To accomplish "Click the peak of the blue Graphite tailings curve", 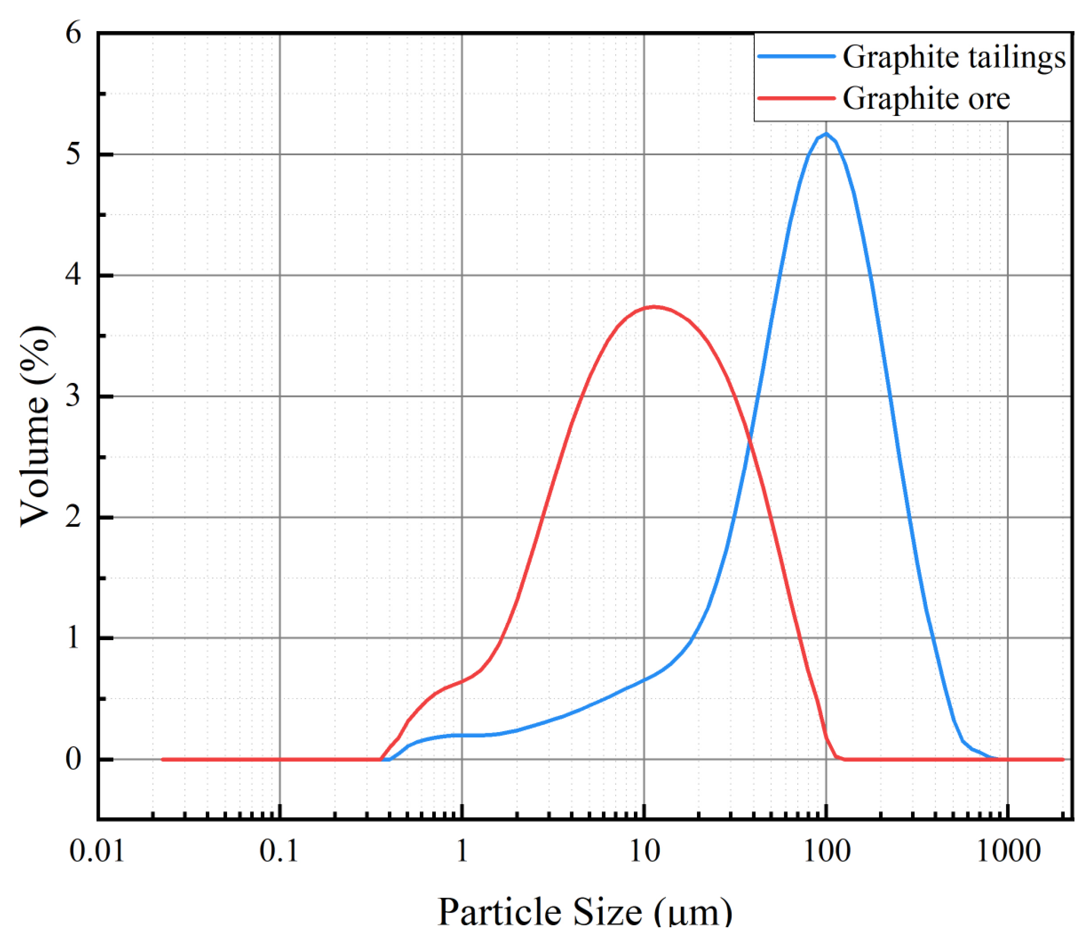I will (x=826, y=133).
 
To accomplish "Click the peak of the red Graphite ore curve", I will (x=655, y=306).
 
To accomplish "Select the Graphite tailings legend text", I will (x=954, y=57).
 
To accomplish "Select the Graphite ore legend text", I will (x=926, y=99).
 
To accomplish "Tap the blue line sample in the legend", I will (x=796, y=56).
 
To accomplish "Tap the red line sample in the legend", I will (x=796, y=98).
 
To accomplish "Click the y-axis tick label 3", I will (x=73, y=395).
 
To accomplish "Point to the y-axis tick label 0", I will (x=73, y=759).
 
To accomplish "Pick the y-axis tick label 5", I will (x=73, y=154).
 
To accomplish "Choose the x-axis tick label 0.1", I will (x=279, y=852).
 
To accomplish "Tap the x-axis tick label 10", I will (x=644, y=852).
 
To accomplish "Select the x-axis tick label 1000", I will (x=1008, y=852).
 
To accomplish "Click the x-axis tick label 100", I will (x=827, y=852).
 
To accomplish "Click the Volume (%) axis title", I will (x=36, y=427).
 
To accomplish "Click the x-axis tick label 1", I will (x=462, y=852).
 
